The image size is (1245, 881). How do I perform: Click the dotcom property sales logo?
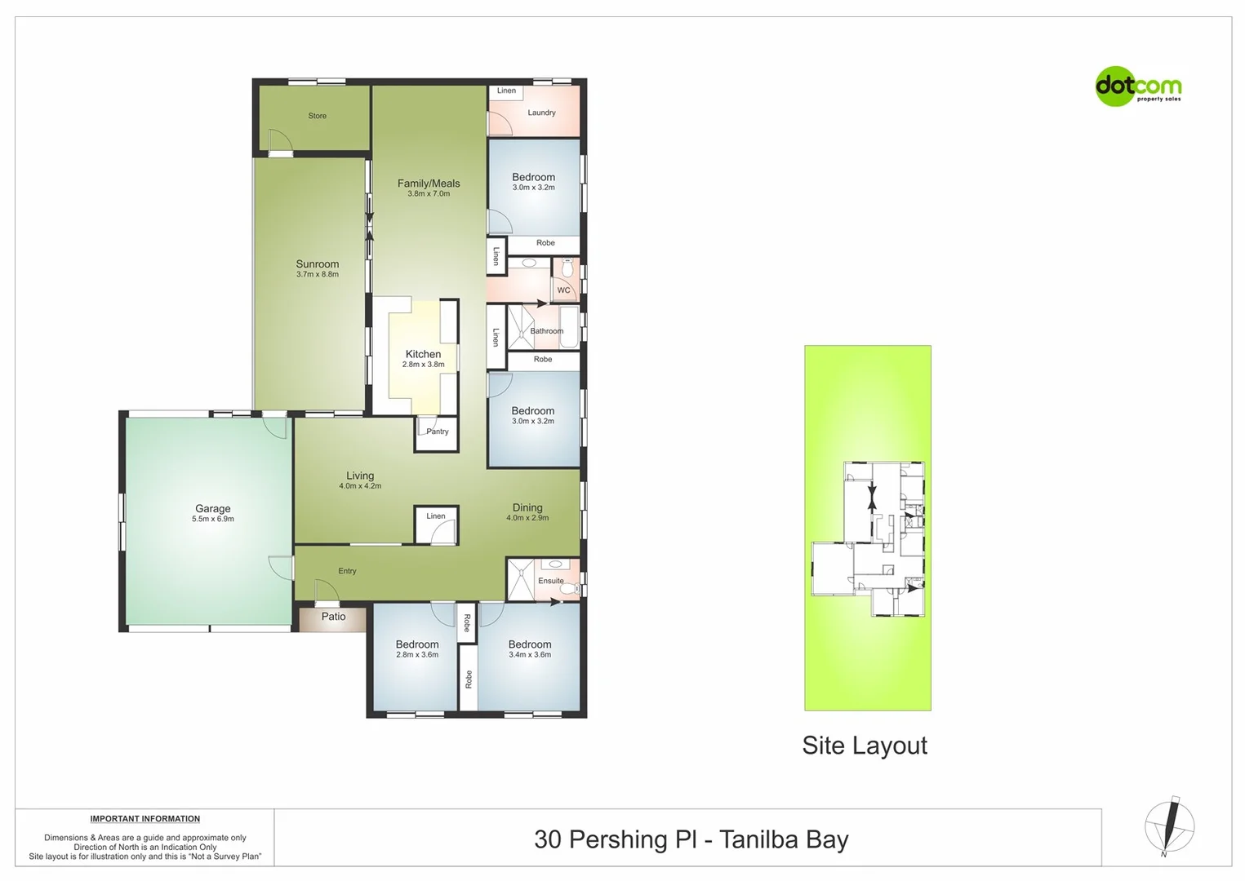(1137, 86)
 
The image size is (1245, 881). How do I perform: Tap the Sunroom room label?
(317, 264)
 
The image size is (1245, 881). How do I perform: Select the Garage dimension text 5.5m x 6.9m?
(213, 519)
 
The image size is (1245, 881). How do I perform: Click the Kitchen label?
(423, 354)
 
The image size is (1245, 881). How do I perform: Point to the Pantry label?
(438, 432)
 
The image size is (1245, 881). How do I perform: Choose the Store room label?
(317, 116)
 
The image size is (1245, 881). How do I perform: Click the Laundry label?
(541, 113)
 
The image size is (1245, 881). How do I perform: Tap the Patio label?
(333, 617)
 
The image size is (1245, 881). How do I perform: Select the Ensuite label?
(551, 581)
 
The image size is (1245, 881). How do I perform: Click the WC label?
(563, 290)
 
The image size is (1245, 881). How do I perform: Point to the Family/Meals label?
(429, 184)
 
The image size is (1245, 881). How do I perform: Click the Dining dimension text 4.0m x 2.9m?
(527, 518)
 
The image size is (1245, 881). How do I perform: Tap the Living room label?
(360, 476)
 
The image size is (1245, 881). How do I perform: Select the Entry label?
(347, 571)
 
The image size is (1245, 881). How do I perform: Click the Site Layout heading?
(865, 746)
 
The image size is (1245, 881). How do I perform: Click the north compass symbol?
(1169, 826)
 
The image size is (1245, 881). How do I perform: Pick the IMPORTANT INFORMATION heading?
(145, 819)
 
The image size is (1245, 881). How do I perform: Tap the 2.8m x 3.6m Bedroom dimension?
(417, 654)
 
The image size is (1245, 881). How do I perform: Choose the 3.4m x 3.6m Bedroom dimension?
(530, 654)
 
